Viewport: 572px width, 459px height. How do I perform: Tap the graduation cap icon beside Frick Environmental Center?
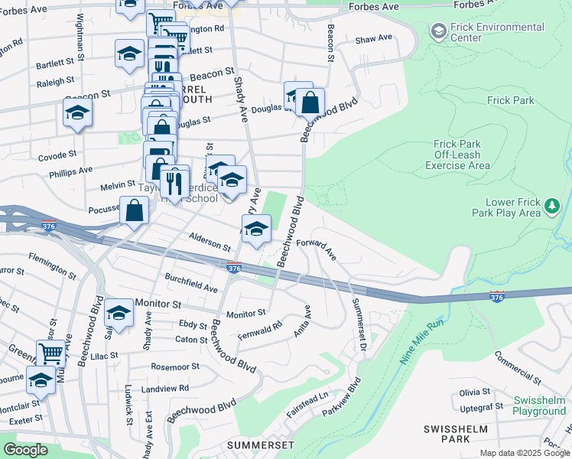[439, 31]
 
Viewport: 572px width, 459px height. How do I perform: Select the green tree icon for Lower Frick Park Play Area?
[551, 206]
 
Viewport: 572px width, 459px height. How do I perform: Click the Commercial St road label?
[518, 366]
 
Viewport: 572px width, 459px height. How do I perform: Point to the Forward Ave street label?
[317, 248]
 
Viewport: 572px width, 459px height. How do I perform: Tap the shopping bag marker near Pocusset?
[134, 211]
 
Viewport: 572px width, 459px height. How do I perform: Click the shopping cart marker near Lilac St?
[51, 353]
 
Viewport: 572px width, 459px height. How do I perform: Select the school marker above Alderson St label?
[256, 228]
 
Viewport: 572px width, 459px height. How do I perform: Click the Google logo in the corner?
[25, 450]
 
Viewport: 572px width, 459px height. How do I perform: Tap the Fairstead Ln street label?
[307, 400]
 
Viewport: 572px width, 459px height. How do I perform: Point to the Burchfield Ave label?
[191, 282]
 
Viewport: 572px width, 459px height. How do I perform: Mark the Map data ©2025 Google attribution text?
[524, 453]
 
